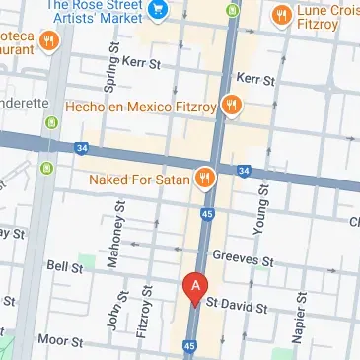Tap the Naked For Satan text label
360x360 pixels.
click(x=138, y=180)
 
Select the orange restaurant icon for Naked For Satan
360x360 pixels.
click(x=205, y=177)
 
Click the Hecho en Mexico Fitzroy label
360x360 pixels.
click(x=140, y=105)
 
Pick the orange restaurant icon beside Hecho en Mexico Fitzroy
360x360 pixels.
click(x=233, y=104)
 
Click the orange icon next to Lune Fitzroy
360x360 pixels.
click(x=280, y=15)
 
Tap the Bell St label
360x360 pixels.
click(x=65, y=266)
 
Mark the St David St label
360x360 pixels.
click(x=238, y=308)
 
